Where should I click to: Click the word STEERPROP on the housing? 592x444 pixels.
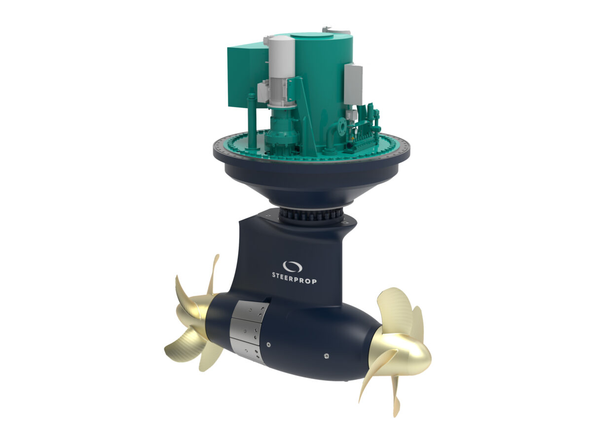pos(294,278)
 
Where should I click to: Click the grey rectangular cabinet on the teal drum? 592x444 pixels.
pos(354,83)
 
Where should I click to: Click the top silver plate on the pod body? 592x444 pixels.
pos(250,310)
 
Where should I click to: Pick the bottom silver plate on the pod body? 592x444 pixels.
pos(245,350)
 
